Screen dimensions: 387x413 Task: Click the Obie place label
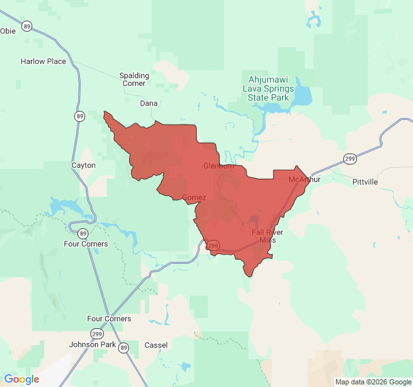tap(8, 30)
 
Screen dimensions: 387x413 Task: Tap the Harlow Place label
tap(43, 61)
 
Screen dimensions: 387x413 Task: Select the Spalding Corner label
tap(134, 79)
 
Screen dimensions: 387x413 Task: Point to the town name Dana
tap(148, 103)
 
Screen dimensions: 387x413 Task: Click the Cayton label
tap(83, 165)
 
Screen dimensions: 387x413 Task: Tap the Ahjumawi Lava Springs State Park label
tap(268, 88)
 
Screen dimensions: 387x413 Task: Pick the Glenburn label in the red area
tap(218, 166)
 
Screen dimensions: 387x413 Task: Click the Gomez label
tap(194, 197)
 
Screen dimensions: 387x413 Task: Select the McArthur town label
tap(304, 179)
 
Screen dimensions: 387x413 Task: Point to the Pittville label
tap(365, 182)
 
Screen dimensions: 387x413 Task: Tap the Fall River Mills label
tap(267, 235)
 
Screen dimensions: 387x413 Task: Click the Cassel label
tap(156, 345)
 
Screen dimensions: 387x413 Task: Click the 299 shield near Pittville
tap(350, 159)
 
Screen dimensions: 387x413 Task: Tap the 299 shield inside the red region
tap(214, 246)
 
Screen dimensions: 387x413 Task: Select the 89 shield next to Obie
tap(26, 26)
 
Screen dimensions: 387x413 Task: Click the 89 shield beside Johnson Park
tap(124, 348)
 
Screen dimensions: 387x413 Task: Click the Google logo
tap(22, 379)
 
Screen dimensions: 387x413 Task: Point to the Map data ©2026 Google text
tap(372, 381)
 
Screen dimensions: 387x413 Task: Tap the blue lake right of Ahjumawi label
tap(302, 97)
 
